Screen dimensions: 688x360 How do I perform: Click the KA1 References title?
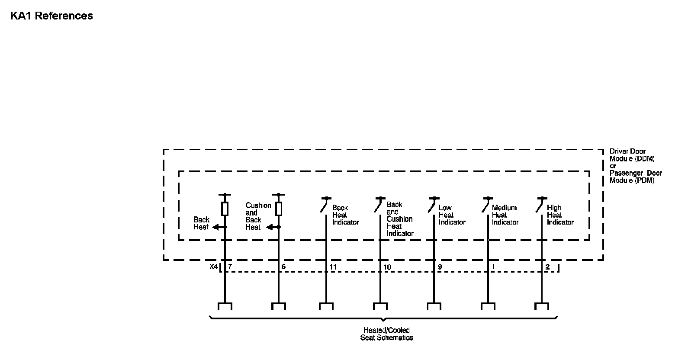pyautogui.click(x=51, y=16)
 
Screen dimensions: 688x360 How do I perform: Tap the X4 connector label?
pyautogui.click(x=213, y=267)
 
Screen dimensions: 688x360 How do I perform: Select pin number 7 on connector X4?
pyautogui.click(x=230, y=267)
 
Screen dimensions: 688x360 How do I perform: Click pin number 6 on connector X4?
pyautogui.click(x=283, y=267)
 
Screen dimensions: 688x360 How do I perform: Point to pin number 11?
pyautogui.click(x=333, y=267)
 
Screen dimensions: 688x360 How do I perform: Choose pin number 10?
pyautogui.click(x=387, y=267)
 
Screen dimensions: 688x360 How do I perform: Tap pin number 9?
pyautogui.click(x=440, y=267)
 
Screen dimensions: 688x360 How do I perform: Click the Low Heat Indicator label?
pyautogui.click(x=452, y=215)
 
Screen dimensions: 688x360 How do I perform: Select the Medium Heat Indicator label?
pyautogui.click(x=505, y=215)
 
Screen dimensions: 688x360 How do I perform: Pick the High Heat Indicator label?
pyautogui.click(x=560, y=215)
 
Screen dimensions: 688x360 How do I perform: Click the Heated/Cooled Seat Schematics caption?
pyautogui.click(x=386, y=334)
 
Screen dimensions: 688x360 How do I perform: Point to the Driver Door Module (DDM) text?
pyautogui.click(x=632, y=155)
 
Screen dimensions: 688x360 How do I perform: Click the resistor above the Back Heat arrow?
pyautogui.click(x=225, y=209)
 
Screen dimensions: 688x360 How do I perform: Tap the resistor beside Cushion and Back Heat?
pyautogui.click(x=279, y=209)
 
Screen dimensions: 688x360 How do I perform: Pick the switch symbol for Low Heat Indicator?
pyautogui.click(x=432, y=205)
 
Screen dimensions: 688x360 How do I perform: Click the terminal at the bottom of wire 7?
pyautogui.click(x=225, y=306)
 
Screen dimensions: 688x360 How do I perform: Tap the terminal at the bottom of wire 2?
pyautogui.click(x=542, y=306)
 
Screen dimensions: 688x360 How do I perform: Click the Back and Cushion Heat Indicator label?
pyautogui.click(x=399, y=219)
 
